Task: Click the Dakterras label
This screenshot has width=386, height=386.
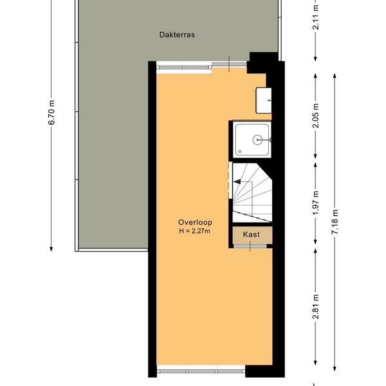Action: [x=177, y=35]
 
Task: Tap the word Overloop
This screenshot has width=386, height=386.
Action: [x=195, y=223]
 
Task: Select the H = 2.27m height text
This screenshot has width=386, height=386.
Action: [x=194, y=231]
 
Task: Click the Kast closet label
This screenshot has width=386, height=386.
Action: [x=251, y=234]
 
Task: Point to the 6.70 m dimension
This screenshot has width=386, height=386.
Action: [x=51, y=113]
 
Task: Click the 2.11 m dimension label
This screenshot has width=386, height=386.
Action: [x=315, y=17]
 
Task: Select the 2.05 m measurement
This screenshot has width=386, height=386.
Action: [x=315, y=115]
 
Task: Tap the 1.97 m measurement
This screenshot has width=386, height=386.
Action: [x=315, y=203]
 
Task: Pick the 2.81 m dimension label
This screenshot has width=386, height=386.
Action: [x=315, y=306]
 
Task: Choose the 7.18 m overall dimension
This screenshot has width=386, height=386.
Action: [x=335, y=222]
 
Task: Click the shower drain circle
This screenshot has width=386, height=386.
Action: [x=257, y=140]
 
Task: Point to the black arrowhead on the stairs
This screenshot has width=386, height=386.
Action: [x=237, y=181]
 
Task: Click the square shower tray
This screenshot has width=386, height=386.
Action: [x=252, y=140]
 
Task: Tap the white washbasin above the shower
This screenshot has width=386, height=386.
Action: [x=263, y=100]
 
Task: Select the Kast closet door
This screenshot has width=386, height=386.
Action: [x=250, y=246]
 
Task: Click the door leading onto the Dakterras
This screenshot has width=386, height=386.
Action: [x=229, y=64]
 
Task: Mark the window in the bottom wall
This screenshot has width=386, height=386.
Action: [x=201, y=371]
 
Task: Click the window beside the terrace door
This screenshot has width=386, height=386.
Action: [x=184, y=67]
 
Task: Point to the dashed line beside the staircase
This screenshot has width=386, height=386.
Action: [x=230, y=180]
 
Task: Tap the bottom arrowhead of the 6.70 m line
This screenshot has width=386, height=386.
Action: [x=51, y=249]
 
